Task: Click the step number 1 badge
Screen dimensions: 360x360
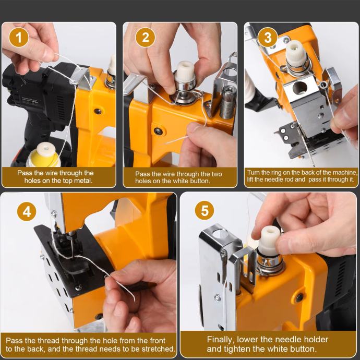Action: pyautogui.click(x=19, y=38)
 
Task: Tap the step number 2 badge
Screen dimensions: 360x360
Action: pyautogui.click(x=146, y=38)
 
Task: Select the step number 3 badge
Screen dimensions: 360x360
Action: pyautogui.click(x=268, y=37)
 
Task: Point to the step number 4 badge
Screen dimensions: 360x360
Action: pyautogui.click(x=27, y=211)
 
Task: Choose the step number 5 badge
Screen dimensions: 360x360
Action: pyautogui.click(x=205, y=210)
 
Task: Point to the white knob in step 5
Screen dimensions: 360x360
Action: pyautogui.click(x=269, y=239)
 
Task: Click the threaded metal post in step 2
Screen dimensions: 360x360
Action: pyautogui.click(x=229, y=102)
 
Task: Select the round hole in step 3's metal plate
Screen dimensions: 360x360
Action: pyautogui.click(x=300, y=88)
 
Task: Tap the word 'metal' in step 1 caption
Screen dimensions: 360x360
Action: pyautogui.click(x=82, y=181)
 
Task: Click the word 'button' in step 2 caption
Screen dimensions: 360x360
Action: pyautogui.click(x=198, y=181)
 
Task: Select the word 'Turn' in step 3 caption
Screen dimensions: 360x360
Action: pyautogui.click(x=253, y=172)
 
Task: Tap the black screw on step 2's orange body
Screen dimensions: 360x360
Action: pyautogui.click(x=159, y=131)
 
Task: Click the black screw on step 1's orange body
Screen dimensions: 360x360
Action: pyautogui.click(x=98, y=111)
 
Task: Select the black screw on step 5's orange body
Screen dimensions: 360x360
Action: pyautogui.click(x=299, y=297)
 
